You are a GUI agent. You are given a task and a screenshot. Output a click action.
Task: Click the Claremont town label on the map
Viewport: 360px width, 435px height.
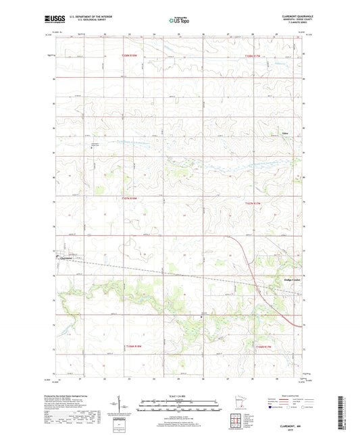click(66, 256)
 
